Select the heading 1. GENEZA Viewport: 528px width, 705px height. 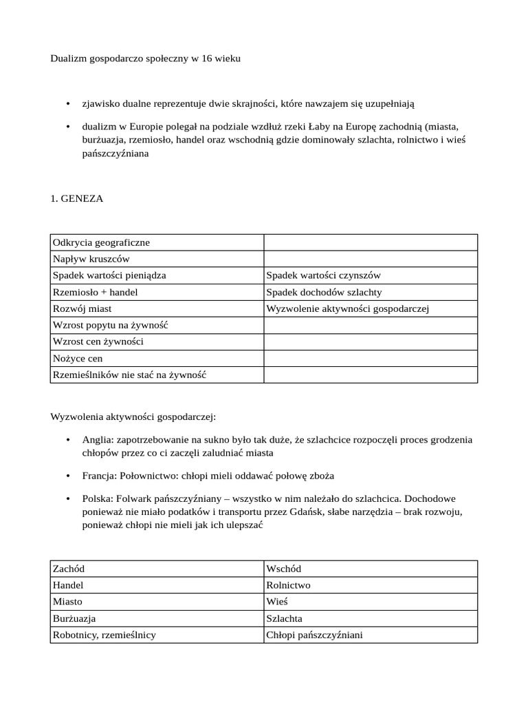(77, 199)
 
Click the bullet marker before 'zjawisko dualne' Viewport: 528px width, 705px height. (67, 103)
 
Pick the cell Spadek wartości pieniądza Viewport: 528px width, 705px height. (109, 275)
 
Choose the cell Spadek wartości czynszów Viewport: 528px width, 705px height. (323, 275)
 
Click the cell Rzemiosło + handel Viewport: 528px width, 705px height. (95, 292)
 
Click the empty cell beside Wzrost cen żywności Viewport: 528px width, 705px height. (371, 341)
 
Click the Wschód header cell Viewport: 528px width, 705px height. (283, 569)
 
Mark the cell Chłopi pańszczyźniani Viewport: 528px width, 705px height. (314, 635)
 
